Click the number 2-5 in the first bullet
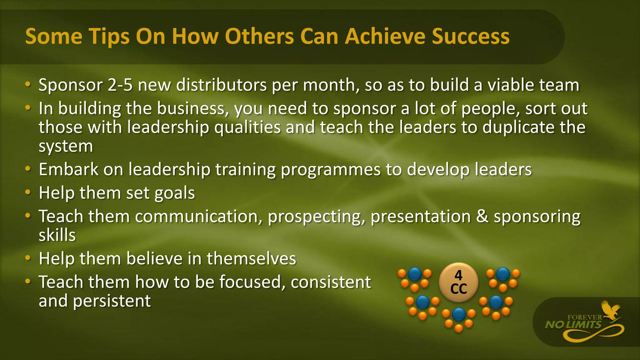[x=120, y=85]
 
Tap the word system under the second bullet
[x=66, y=146]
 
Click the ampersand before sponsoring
[x=482, y=216]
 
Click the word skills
[x=57, y=235]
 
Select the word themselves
[x=251, y=258]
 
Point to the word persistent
[x=112, y=301]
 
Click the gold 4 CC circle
[x=458, y=282]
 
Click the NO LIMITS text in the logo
[x=573, y=325]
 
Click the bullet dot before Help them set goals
[x=28, y=192]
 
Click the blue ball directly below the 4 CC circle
[x=459, y=314]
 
